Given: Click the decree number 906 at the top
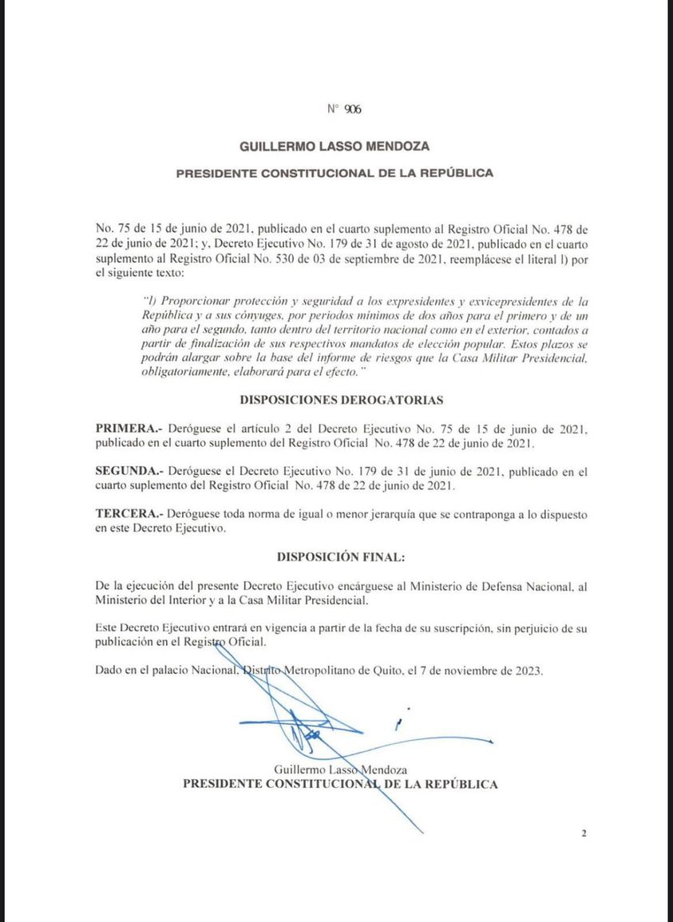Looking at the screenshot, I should pos(353,110).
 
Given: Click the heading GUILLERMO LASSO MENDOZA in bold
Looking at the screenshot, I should pos(335,146).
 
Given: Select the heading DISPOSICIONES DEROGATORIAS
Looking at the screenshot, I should pos(342,399).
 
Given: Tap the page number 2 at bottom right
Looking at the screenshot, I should pos(584,834).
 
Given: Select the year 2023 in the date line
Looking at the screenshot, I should pos(527,671).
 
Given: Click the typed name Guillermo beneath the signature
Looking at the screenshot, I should pos(299,770).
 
